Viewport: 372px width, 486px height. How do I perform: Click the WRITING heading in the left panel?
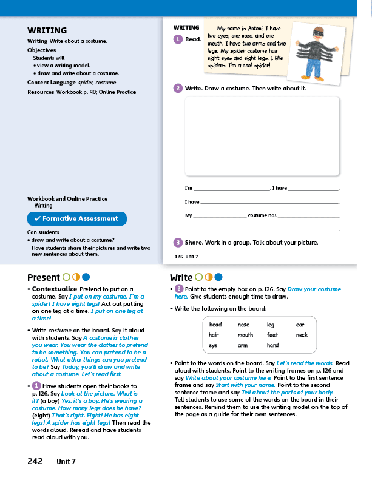[x=47, y=30]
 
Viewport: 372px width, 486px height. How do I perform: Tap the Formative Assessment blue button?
[x=77, y=218]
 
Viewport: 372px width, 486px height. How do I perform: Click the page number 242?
[x=35, y=461]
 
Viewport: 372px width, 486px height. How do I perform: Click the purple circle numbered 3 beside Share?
[x=178, y=243]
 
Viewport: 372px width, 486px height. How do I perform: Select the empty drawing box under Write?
[x=262, y=135]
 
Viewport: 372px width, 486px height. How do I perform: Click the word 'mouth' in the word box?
[x=245, y=335]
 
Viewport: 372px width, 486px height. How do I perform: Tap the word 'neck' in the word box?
[x=302, y=335]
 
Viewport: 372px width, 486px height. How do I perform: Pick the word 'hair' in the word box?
[x=214, y=335]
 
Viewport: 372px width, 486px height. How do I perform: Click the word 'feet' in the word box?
[x=272, y=335]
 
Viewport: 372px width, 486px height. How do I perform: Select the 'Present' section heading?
[x=44, y=278]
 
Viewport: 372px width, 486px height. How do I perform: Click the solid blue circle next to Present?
[x=86, y=278]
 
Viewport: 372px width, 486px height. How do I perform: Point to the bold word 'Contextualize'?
[x=55, y=289]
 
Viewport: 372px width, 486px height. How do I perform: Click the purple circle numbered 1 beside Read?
[x=178, y=39]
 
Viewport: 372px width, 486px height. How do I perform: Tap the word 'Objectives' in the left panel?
[x=41, y=50]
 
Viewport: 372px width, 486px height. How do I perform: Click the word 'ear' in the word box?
[x=300, y=325]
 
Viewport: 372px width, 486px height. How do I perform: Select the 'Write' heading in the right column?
[x=181, y=278]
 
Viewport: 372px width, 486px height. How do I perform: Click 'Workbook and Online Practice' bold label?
[x=67, y=199]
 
